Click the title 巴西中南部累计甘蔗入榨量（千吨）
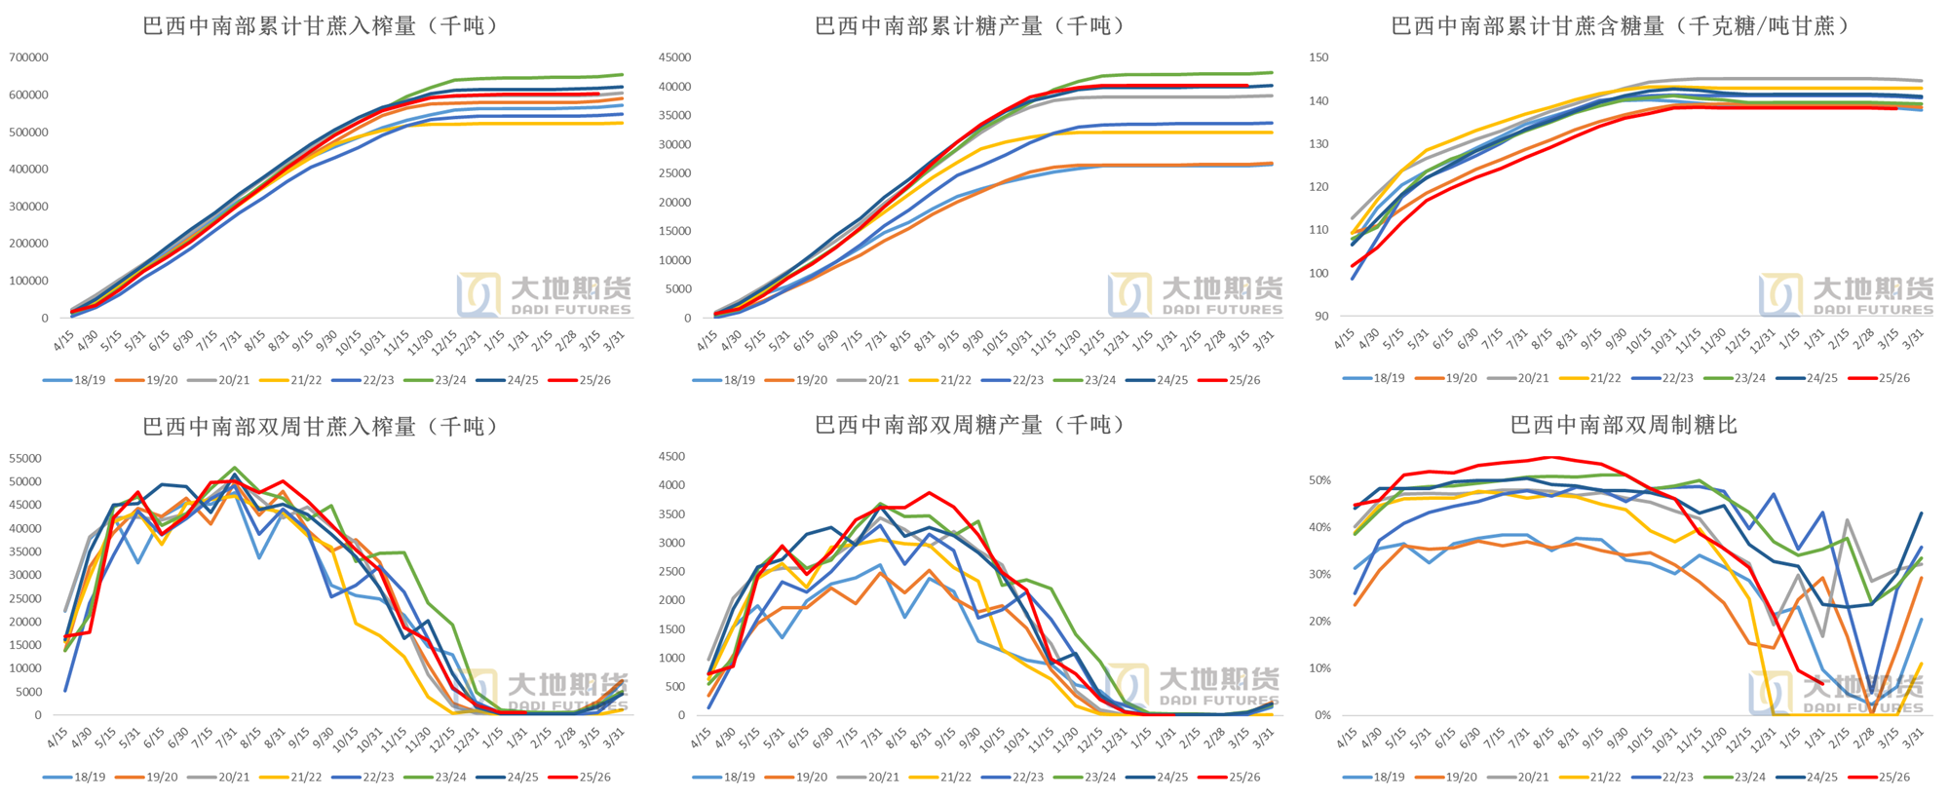(x=322, y=26)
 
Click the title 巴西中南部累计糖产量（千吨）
(x=971, y=26)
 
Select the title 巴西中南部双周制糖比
(x=1624, y=425)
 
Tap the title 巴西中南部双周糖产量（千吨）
(x=971, y=425)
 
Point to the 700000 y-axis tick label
(x=28, y=57)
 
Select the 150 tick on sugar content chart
(x=1318, y=57)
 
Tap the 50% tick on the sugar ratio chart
(x=1319, y=480)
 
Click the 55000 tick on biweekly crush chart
(x=25, y=458)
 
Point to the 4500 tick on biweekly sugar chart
(x=672, y=456)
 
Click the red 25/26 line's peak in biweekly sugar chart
(x=930, y=493)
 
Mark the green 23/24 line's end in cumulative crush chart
(x=622, y=75)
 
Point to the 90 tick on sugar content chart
(x=1321, y=317)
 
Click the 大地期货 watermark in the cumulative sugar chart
(x=1195, y=294)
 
